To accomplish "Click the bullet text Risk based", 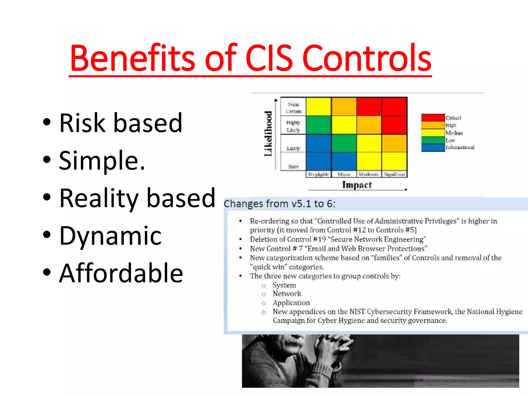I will (x=121, y=123).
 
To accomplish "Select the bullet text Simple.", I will (x=102, y=161).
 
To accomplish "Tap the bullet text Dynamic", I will (x=110, y=235).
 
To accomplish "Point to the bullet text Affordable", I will (x=121, y=273).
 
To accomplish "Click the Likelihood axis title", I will (x=268, y=134).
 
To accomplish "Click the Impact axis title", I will (x=357, y=185).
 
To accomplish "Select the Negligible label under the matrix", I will (x=319, y=175).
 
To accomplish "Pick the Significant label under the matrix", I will (x=394, y=175).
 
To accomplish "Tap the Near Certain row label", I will (x=293, y=108).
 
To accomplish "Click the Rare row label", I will (x=293, y=167).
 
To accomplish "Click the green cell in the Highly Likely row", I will (x=319, y=125).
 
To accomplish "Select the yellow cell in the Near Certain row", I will (x=319, y=106).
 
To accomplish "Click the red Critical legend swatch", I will (x=433, y=118).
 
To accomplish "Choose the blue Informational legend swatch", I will (x=433, y=147).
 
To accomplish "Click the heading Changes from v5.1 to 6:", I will (x=279, y=204).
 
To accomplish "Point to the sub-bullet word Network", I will (x=287, y=294).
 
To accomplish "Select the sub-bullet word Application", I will (x=291, y=303).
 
